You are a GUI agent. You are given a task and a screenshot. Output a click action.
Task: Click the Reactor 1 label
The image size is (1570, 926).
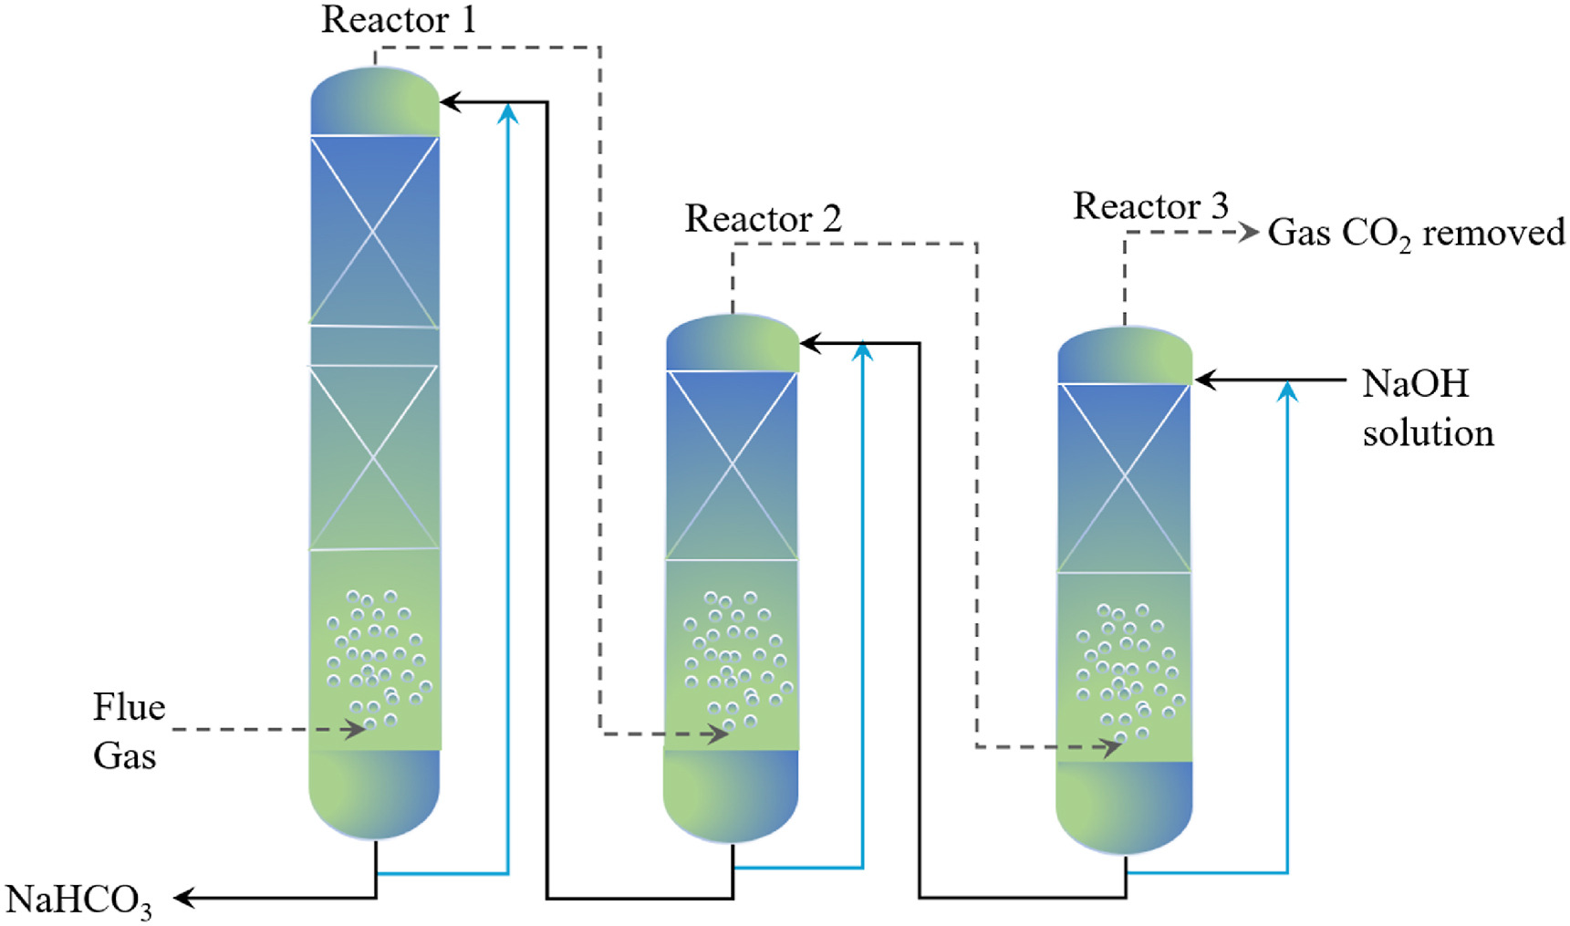click(x=399, y=20)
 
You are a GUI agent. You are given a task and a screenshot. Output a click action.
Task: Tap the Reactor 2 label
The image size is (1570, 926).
click(x=763, y=219)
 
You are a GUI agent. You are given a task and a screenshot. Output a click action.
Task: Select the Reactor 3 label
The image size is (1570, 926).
click(x=1150, y=206)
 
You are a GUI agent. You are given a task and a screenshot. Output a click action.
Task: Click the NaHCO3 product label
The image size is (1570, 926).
click(x=79, y=900)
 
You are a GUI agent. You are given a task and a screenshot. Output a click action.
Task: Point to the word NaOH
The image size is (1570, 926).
click(x=1415, y=384)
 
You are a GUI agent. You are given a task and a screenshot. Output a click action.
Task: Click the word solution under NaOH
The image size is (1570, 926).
click(x=1428, y=433)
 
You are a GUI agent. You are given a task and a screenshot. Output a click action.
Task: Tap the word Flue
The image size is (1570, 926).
click(x=129, y=708)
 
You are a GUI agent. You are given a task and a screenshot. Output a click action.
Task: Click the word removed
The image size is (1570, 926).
click(x=1493, y=234)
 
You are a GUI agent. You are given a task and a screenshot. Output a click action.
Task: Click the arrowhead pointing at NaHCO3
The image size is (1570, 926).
click(x=183, y=899)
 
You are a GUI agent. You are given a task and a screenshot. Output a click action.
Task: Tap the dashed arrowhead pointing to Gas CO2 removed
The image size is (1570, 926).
click(x=1250, y=233)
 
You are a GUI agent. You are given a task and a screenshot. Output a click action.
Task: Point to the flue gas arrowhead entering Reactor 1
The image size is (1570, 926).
click(x=356, y=730)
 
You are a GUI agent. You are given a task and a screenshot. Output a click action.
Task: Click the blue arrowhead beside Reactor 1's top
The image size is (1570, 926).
click(x=508, y=113)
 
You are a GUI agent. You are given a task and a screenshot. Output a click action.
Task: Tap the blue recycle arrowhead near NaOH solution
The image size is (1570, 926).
click(x=1287, y=392)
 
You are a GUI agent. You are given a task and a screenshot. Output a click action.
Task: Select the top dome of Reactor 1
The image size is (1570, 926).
click(x=374, y=101)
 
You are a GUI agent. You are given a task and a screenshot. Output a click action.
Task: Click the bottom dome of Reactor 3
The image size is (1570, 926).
click(x=1124, y=807)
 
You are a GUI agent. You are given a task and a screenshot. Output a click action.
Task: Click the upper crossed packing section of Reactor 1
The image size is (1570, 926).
click(x=374, y=231)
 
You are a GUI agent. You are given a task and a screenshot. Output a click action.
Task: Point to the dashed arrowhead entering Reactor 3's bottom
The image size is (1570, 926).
click(x=1112, y=747)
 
